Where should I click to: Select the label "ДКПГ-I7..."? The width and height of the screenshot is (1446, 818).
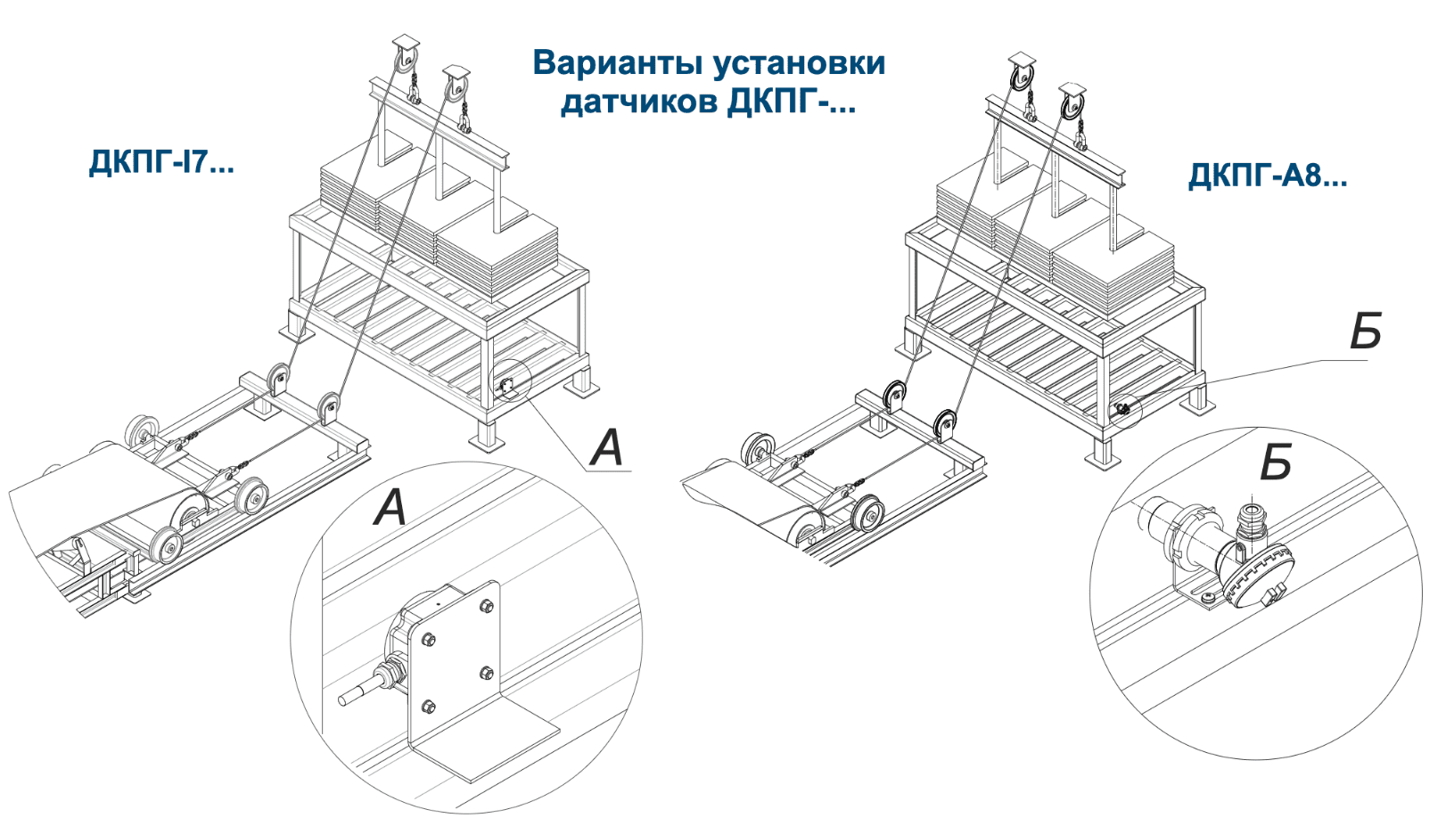tap(161, 162)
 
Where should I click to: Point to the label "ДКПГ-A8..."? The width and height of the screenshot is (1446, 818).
tap(1267, 176)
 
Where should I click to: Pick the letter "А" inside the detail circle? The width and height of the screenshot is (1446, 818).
tap(390, 508)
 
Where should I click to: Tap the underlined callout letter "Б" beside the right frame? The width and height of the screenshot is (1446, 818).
tap(1365, 331)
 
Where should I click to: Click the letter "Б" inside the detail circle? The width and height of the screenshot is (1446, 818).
tap(1276, 463)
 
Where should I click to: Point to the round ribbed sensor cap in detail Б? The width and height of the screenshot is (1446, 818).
tap(1259, 577)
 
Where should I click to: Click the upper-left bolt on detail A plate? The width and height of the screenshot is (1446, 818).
tap(427, 639)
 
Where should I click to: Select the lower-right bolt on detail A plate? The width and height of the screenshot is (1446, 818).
tap(487, 672)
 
